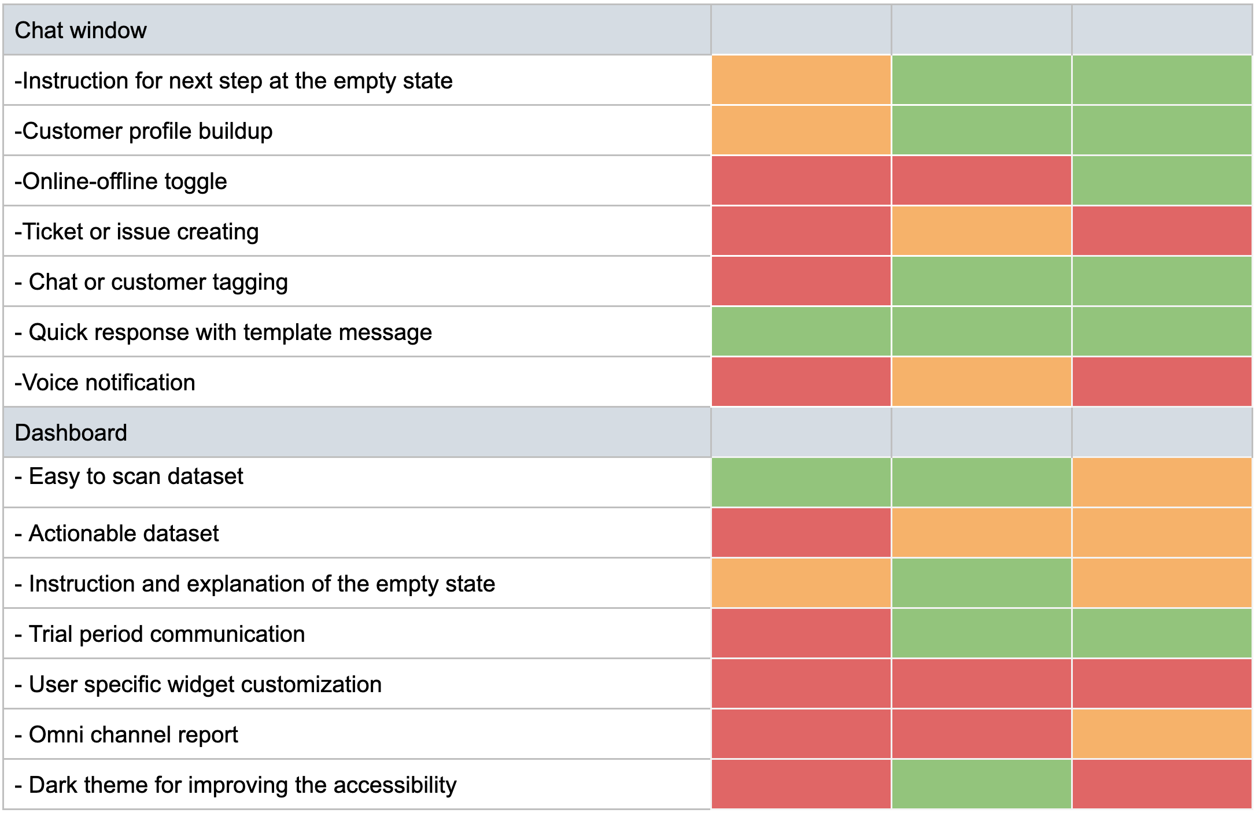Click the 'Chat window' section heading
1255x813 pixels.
click(80, 30)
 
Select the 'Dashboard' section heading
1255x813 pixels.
click(71, 433)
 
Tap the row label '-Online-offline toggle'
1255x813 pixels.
click(120, 182)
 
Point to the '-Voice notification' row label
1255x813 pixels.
click(105, 383)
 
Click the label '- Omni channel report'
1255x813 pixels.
click(126, 735)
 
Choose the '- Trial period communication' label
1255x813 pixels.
click(160, 634)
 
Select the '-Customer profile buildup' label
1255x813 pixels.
click(143, 131)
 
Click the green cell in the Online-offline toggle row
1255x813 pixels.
click(1161, 182)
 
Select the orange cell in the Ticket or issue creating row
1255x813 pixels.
click(981, 231)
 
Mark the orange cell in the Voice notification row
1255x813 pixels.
click(981, 382)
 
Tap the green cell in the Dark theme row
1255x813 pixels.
click(981, 785)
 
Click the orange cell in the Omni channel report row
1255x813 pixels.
click(1161, 734)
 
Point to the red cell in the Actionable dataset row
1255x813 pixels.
click(801, 533)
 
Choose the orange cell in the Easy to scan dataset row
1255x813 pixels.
click(1161, 482)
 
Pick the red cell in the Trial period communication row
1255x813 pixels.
click(801, 634)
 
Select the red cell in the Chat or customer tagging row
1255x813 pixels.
click(801, 282)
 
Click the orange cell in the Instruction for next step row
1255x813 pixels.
click(801, 80)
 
